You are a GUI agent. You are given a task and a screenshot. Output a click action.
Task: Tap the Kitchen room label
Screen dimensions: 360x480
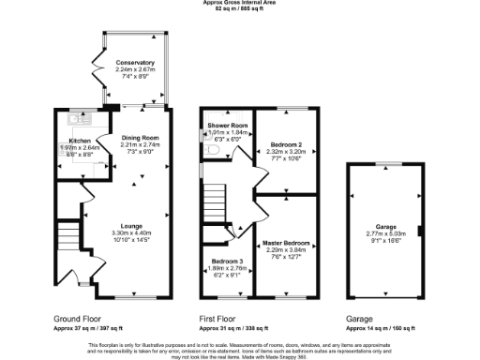(79, 140)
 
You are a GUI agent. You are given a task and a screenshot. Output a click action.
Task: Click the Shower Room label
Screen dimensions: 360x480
(227, 126)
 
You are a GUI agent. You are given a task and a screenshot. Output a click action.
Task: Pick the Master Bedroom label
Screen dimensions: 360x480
(286, 242)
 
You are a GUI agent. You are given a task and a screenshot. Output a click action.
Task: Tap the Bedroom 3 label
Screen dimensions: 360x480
(226, 260)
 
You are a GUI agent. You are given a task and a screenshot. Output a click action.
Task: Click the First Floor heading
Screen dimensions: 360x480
(221, 319)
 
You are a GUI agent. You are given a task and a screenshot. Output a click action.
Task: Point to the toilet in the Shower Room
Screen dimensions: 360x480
(213, 148)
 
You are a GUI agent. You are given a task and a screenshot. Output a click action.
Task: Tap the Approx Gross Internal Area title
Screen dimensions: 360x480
(240, 3)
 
